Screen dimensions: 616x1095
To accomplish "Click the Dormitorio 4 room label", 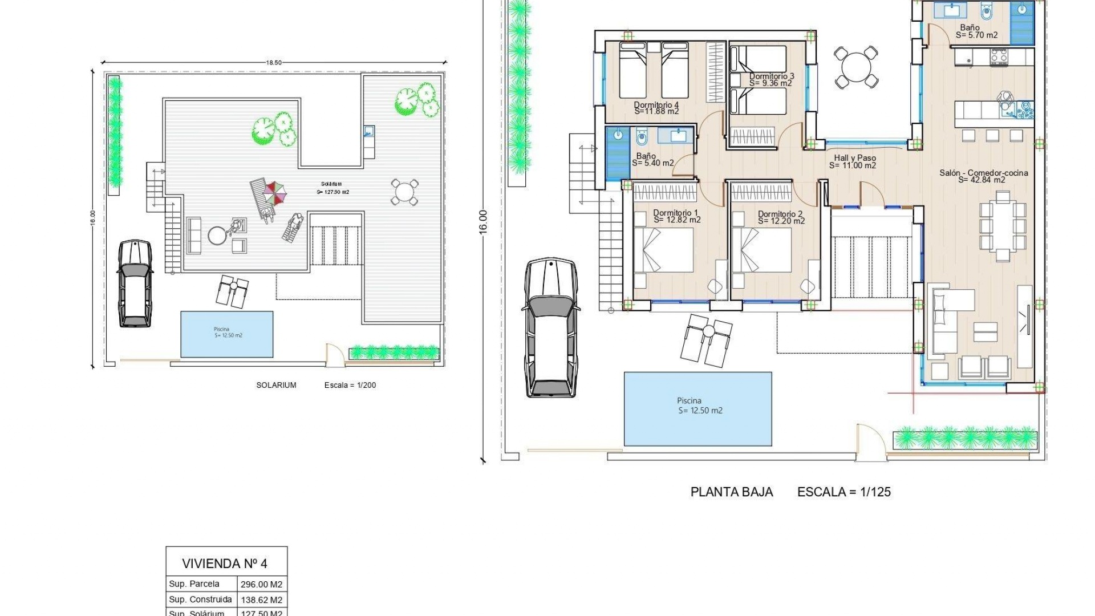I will pos(656,105).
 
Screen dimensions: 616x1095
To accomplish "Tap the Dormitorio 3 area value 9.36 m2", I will pos(770,83).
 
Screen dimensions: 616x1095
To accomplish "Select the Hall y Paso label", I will pos(854,158).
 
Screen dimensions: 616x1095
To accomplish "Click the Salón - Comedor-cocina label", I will pos(983,172).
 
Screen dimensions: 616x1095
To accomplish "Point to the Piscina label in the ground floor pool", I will pos(689,400).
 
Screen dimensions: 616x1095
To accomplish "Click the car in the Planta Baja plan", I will pos(550,328).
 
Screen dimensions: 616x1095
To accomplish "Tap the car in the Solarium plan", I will pos(135,283).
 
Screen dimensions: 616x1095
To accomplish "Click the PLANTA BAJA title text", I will pos(731,492).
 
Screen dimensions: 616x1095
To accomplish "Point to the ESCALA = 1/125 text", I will pos(843,492).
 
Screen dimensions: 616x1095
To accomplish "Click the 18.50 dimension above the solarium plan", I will pos(274,63).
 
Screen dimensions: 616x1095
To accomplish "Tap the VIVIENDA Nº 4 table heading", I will pos(225,564).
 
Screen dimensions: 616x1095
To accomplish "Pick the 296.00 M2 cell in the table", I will pos(261,584).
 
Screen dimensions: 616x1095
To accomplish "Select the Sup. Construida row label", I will pos(200,599).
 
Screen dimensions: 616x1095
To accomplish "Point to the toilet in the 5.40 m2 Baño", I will pos(642,137).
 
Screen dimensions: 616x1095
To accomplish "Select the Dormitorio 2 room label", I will pos(780,214).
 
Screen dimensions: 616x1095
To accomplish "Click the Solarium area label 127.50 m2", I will pos(332,192).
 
